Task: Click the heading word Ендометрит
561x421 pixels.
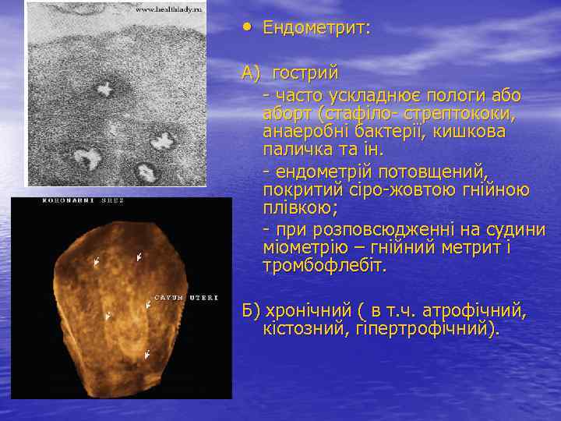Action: coord(316,28)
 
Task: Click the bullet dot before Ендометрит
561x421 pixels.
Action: coord(247,27)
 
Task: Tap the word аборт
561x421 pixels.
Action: coord(288,114)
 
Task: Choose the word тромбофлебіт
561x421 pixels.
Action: coord(325,267)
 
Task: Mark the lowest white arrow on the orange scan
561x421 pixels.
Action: coord(147,355)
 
